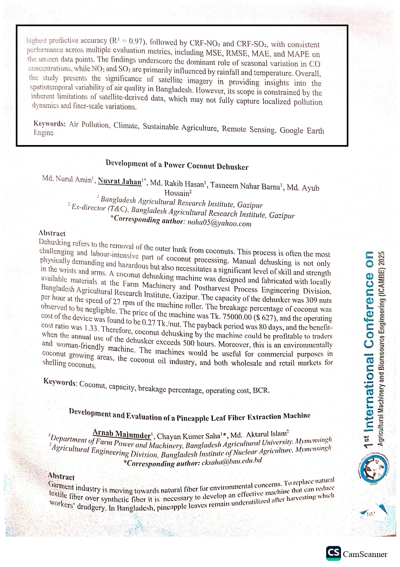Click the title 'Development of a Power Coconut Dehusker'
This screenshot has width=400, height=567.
tap(177, 165)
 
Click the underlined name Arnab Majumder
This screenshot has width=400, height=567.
tap(122, 434)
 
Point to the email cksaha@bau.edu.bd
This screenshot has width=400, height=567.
tap(232, 462)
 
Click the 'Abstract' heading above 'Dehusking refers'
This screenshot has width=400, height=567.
tap(52, 233)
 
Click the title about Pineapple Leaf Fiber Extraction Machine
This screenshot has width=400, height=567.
tap(190, 416)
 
